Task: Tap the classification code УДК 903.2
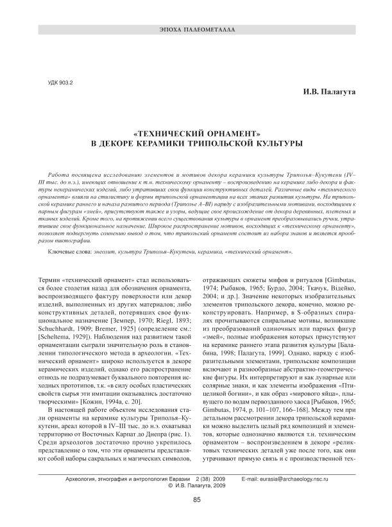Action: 62,84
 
